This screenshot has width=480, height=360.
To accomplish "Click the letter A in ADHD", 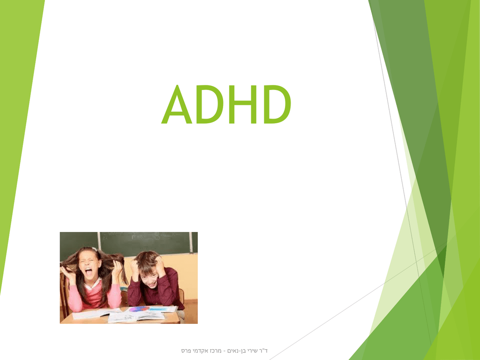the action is [x=177, y=104].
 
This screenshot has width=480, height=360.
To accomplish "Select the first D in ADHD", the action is [x=210, y=104].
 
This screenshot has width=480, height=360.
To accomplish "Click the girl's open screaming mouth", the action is [x=89, y=271].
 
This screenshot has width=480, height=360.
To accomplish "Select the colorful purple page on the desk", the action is [x=139, y=309].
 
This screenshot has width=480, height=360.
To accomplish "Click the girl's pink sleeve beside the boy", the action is [x=115, y=295].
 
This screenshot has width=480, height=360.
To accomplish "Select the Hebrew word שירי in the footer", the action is [x=253, y=351].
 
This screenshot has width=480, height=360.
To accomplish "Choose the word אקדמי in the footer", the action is [x=199, y=351].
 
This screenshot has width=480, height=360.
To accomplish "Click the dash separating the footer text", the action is [x=224, y=351].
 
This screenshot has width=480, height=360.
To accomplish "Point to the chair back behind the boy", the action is [x=181, y=295].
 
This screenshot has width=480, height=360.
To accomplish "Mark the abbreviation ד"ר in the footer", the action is [x=263, y=351].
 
